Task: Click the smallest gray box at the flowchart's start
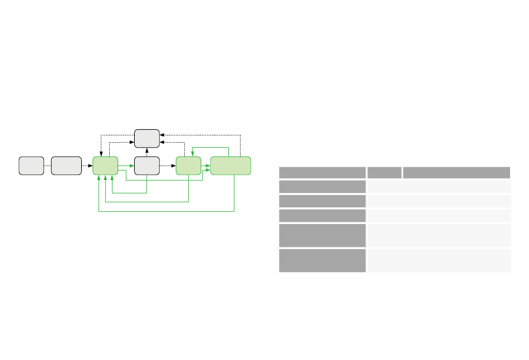[31, 166]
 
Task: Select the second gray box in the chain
[66, 166]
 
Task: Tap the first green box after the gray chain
[105, 166]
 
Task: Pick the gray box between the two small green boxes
[147, 166]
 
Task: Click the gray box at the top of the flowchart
[147, 138]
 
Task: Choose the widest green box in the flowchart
[231, 166]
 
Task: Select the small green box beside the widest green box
[188, 166]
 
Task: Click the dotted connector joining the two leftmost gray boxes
[47, 166]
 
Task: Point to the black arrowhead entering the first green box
[91, 166]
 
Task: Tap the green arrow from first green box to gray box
[126, 166]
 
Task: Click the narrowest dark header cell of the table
[384, 173]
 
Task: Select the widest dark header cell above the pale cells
[457, 173]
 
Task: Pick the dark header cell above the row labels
[322, 173]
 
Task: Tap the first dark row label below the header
[322, 186]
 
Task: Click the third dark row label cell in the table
[322, 216]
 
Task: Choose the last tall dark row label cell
[322, 261]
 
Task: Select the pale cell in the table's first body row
[439, 186]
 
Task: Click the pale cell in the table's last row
[439, 261]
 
